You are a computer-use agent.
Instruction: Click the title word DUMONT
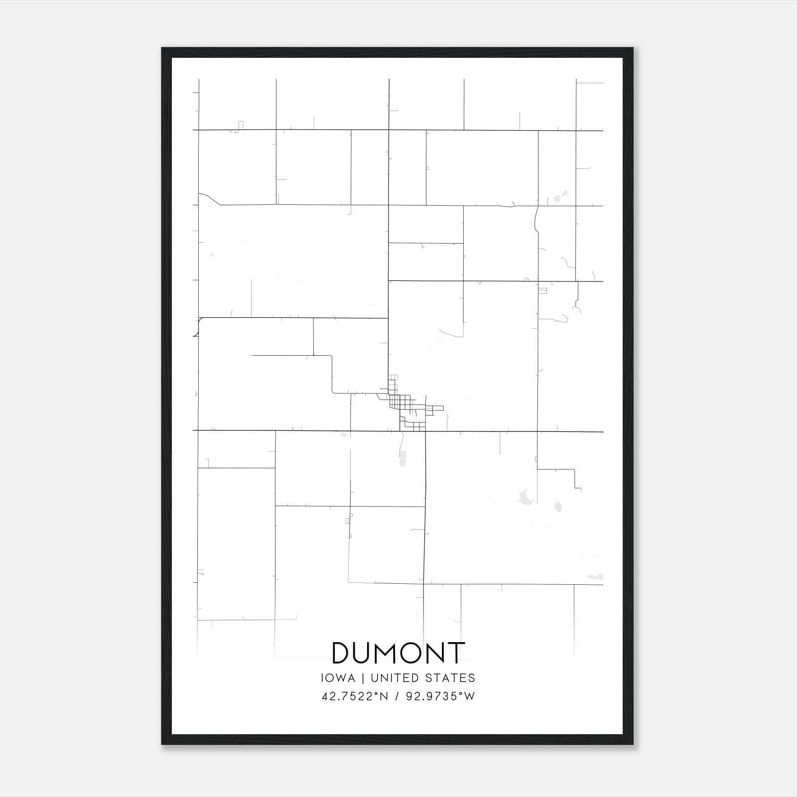point(398,653)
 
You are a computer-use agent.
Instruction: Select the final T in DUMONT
point(456,653)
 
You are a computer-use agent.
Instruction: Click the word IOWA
point(338,678)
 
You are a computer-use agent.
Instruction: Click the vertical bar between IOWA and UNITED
point(363,678)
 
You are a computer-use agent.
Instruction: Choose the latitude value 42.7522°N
point(355,696)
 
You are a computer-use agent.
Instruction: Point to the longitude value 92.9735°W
point(441,696)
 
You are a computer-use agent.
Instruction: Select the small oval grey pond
point(558,507)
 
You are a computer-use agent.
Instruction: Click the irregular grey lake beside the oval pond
point(524,497)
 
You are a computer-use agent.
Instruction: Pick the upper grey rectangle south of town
point(402,454)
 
